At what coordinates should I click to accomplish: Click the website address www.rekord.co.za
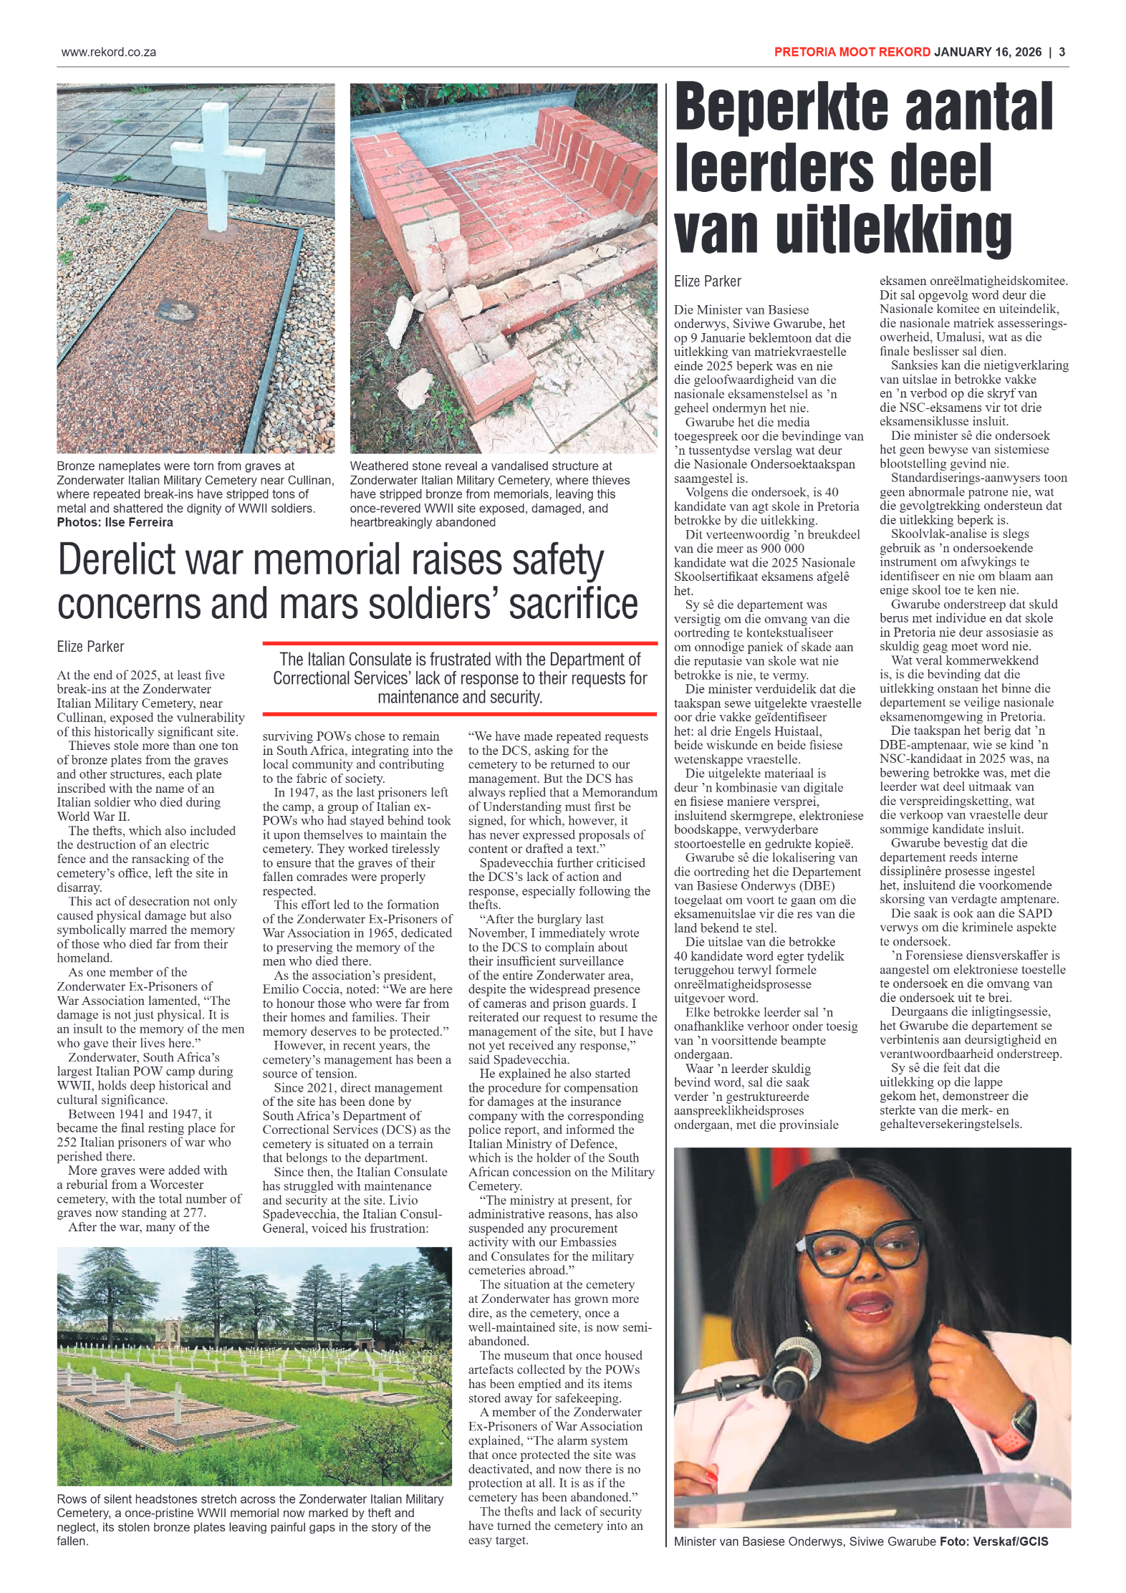(x=108, y=52)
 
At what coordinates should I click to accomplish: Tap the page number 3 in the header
(x=1062, y=52)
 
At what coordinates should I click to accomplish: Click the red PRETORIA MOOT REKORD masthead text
(x=852, y=52)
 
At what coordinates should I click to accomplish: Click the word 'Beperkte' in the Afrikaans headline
(x=781, y=107)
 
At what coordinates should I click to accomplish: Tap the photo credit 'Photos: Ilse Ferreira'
(x=115, y=522)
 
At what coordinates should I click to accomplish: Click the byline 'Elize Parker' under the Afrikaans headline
(x=707, y=281)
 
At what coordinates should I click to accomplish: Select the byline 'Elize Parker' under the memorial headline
(x=90, y=647)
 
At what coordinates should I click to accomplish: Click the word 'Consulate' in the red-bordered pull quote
(x=430, y=660)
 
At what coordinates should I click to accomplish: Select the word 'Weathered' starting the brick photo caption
(x=379, y=466)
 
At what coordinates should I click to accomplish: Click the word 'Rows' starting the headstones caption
(x=72, y=1498)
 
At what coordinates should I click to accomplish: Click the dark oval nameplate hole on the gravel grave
(x=178, y=312)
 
